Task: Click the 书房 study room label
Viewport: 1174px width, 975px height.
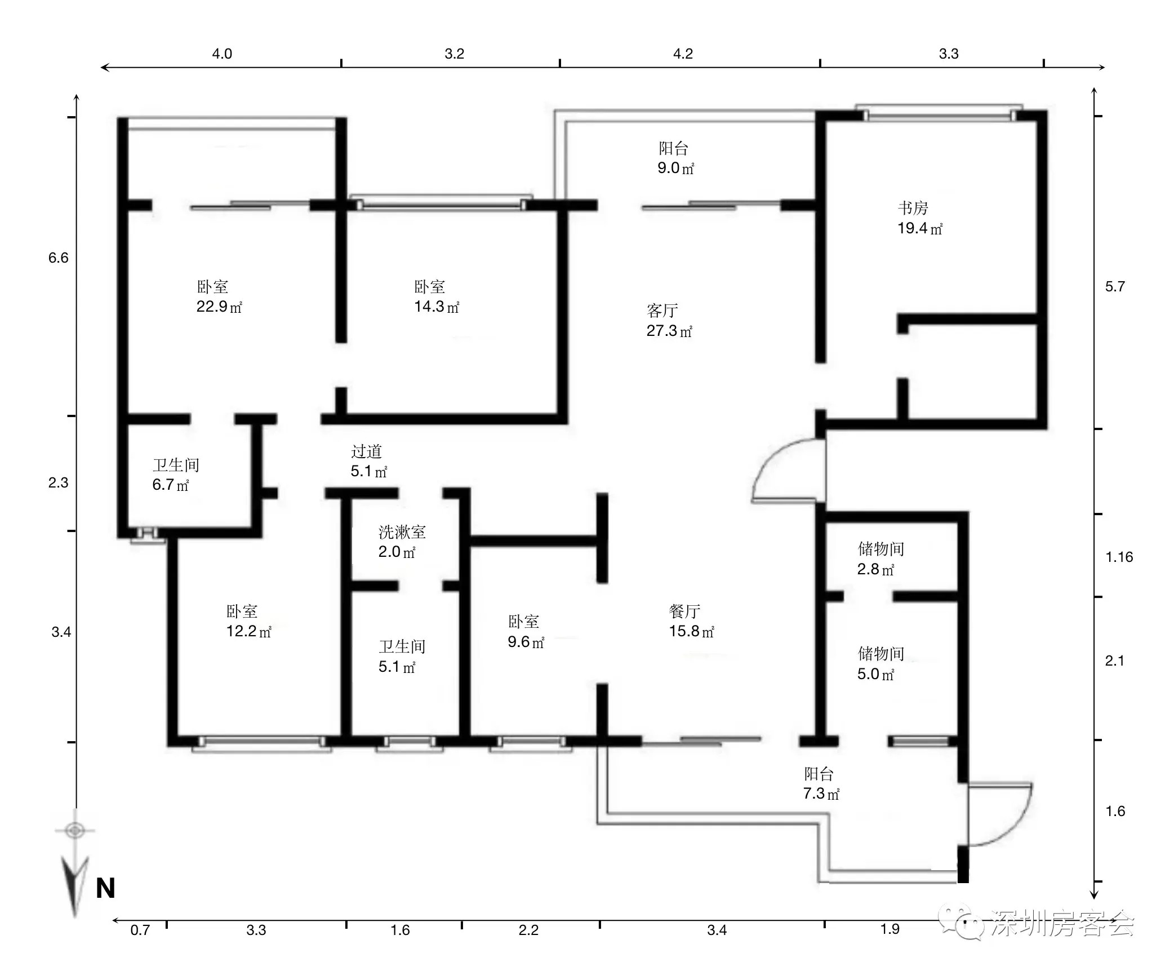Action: tap(913, 208)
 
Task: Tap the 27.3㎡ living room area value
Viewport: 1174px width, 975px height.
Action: tap(669, 331)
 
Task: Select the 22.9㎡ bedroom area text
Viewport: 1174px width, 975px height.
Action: tap(219, 307)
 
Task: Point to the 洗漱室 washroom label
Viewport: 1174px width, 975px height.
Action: tap(402, 532)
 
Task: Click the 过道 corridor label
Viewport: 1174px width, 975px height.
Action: tap(366, 451)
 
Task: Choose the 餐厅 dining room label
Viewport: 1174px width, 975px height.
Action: tap(684, 611)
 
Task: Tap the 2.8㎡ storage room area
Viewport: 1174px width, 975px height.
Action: tap(876, 569)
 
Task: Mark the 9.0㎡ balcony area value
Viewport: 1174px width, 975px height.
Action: tap(676, 168)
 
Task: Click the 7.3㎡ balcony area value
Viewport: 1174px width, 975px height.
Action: tap(821, 794)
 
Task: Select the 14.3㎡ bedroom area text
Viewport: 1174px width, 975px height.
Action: tap(437, 307)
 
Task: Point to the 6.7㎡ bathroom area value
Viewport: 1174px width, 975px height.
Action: tap(171, 485)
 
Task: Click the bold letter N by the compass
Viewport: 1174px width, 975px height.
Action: tap(105, 889)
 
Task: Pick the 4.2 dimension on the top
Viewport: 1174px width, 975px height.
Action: tap(683, 54)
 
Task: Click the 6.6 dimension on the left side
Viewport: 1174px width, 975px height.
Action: tap(58, 258)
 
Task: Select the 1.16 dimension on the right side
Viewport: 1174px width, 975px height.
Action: tap(1119, 557)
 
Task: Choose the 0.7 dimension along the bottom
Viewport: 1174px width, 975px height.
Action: tap(140, 930)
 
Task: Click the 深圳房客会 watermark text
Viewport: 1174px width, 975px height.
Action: tap(1062, 925)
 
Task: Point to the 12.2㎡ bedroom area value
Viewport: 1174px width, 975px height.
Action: tap(249, 631)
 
